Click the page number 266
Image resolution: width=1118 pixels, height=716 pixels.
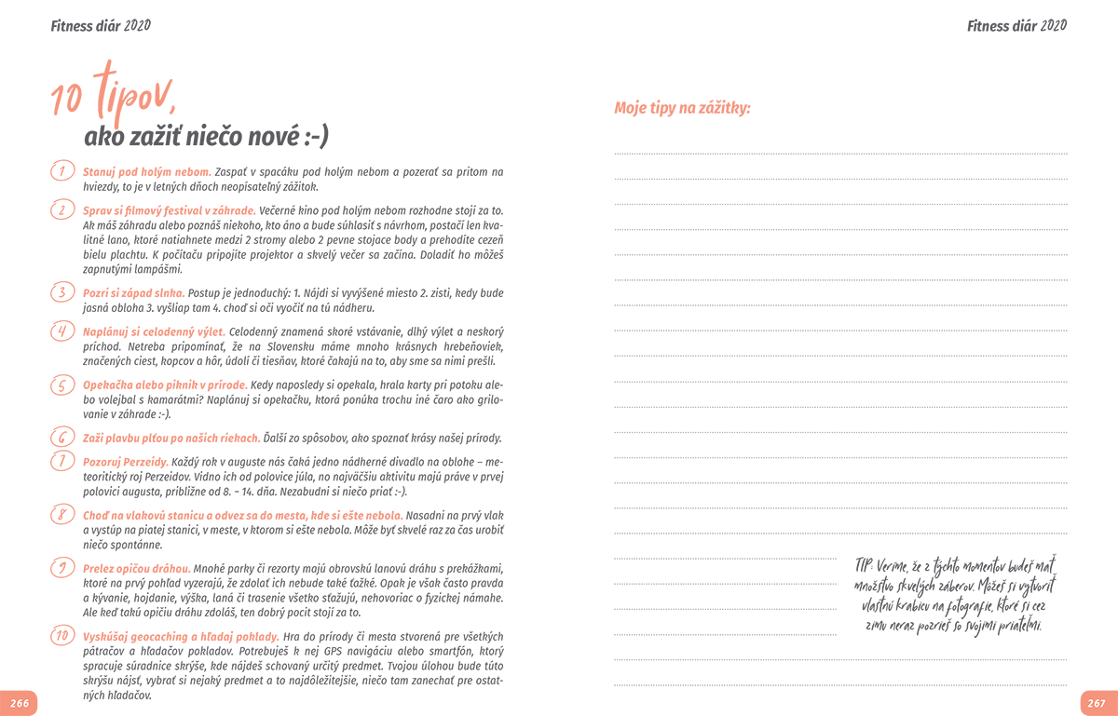tap(20, 703)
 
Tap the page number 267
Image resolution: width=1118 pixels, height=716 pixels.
tap(1097, 703)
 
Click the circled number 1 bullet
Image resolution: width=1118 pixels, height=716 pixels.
tap(61, 171)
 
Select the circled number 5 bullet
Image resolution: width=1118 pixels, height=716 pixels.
tap(61, 385)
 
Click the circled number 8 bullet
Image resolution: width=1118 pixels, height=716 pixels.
tap(61, 514)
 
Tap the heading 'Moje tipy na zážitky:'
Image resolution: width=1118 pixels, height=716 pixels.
tap(682, 109)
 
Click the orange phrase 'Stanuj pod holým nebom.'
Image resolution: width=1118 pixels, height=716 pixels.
tap(147, 172)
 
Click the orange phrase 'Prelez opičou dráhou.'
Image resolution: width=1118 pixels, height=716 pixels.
tap(137, 568)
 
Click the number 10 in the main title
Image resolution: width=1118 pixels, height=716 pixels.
tap(68, 100)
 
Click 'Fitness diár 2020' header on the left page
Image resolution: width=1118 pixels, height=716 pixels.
tap(101, 25)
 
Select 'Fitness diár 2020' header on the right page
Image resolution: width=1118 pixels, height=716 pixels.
tap(1016, 25)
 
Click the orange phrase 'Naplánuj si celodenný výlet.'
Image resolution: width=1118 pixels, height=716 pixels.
tap(154, 331)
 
